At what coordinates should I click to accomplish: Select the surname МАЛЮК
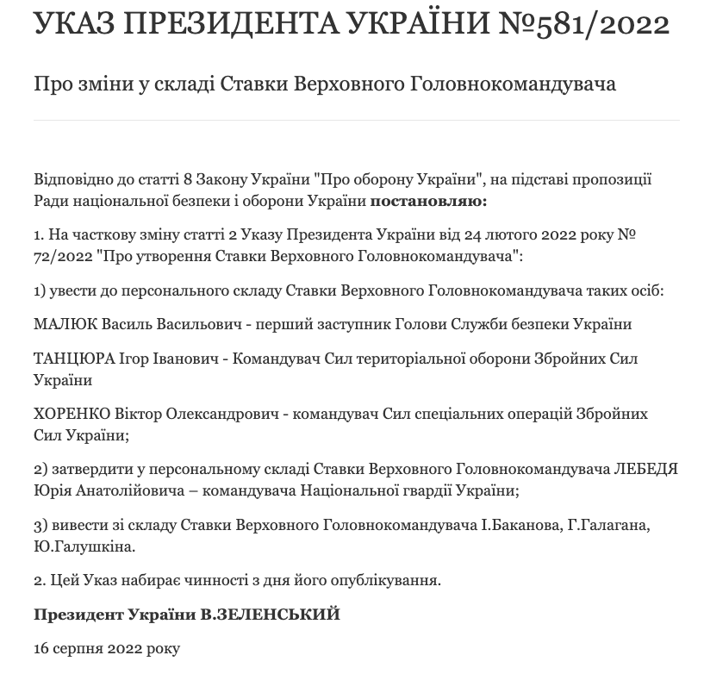tap(62, 324)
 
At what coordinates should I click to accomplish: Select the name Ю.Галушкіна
tap(84, 546)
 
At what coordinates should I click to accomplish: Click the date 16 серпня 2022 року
tap(107, 648)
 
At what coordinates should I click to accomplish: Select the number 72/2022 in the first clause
tap(64, 257)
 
